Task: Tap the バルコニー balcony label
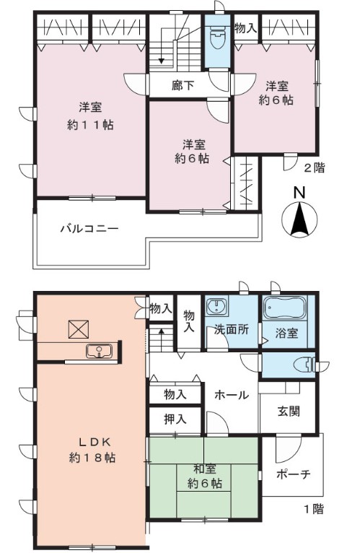tap(90, 229)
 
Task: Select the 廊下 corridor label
tap(183, 85)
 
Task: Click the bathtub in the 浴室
tap(284, 308)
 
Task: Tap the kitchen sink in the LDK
tap(100, 352)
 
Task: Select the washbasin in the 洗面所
tap(217, 305)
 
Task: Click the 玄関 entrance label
tap(289, 411)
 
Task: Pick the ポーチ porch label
tap(294, 474)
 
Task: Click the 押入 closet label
tap(175, 419)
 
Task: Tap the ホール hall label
tap(232, 395)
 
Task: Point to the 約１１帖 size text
tap(90, 125)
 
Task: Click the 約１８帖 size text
tap(92, 458)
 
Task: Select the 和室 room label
tap(204, 469)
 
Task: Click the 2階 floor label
tap(314, 168)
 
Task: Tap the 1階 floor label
tap(314, 509)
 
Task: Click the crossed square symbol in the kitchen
tap(78, 329)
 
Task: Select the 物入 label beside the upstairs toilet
tap(246, 28)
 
